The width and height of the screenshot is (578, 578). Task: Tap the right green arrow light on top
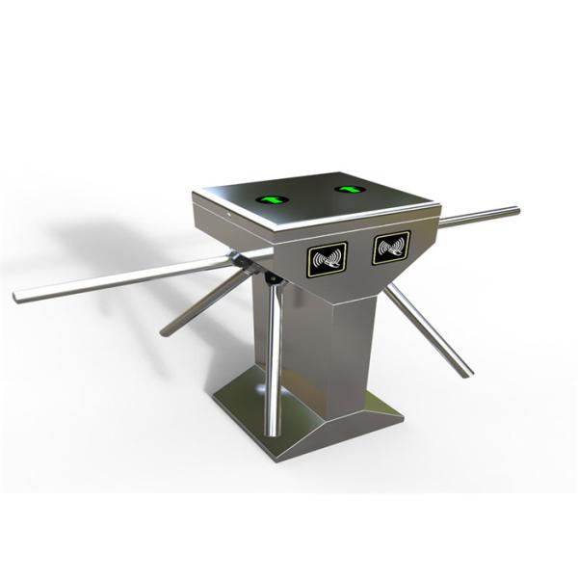(348, 189)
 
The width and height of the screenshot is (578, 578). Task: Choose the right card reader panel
(391, 247)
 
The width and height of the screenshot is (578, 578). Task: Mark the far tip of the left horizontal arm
(18, 297)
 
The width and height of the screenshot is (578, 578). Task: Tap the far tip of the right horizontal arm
(515, 210)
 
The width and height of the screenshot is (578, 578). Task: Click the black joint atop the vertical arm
(273, 278)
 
